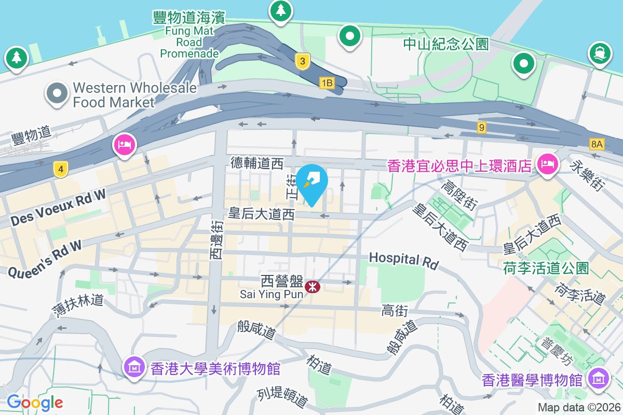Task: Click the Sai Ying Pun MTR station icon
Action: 313,286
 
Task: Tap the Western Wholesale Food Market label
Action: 134,95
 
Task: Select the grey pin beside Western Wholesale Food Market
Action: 57,94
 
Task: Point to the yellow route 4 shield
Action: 61,169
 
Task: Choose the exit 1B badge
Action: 327,82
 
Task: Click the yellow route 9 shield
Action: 482,127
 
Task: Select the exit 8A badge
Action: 597,144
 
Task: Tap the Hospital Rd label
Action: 403,260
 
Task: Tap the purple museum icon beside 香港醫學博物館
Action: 600,379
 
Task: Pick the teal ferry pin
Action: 600,53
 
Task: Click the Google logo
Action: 35,402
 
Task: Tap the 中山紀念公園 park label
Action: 446,44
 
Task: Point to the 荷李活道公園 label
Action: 546,268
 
